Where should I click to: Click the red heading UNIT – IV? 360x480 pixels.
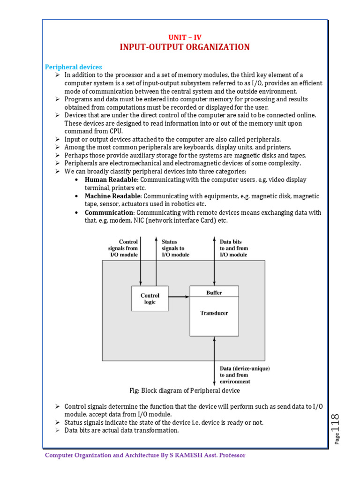[x=185, y=37]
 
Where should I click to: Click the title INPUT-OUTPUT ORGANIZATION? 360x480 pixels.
[x=185, y=47]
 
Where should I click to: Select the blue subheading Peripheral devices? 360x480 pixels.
[x=73, y=67]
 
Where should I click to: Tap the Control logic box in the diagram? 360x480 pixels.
[x=150, y=299]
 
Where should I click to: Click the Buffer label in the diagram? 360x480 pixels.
[x=214, y=292]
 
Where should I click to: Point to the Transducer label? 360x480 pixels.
[x=214, y=313]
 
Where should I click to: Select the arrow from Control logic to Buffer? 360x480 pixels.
[x=179, y=297]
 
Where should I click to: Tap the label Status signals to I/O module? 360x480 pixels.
[x=175, y=248]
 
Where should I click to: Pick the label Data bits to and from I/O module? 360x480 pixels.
[x=234, y=248]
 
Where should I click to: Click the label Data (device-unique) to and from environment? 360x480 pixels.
[x=244, y=375]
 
